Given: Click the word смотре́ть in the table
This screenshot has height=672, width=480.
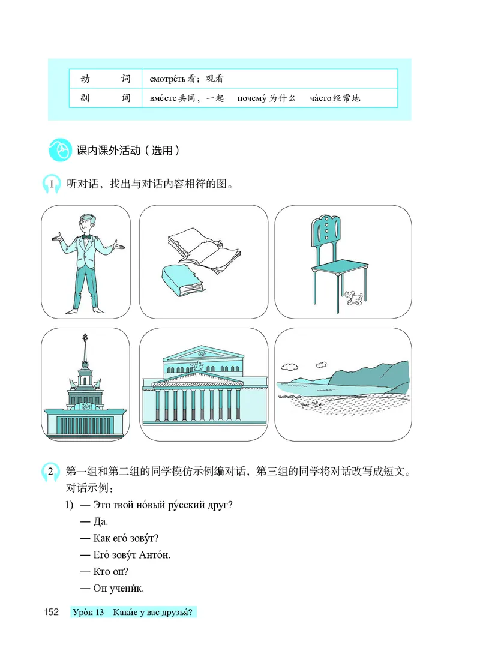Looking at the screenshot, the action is click(167, 79).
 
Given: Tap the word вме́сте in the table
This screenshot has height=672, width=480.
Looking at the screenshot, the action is click(163, 98).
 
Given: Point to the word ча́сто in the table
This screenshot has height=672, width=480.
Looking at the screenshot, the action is click(320, 98).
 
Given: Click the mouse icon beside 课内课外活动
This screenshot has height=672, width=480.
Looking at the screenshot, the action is click(60, 150).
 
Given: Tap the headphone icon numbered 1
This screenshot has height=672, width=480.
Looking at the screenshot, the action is click(52, 184).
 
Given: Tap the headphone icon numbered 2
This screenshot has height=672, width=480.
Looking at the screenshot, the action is click(50, 472).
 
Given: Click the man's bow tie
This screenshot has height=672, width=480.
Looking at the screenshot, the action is click(86, 236).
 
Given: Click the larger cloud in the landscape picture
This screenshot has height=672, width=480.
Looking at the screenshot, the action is click(289, 367).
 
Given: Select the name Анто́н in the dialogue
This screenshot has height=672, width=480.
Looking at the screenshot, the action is click(154, 555).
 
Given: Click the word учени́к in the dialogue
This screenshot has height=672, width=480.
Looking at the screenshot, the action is click(127, 589).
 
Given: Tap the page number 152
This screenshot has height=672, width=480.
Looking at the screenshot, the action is click(52, 612).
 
